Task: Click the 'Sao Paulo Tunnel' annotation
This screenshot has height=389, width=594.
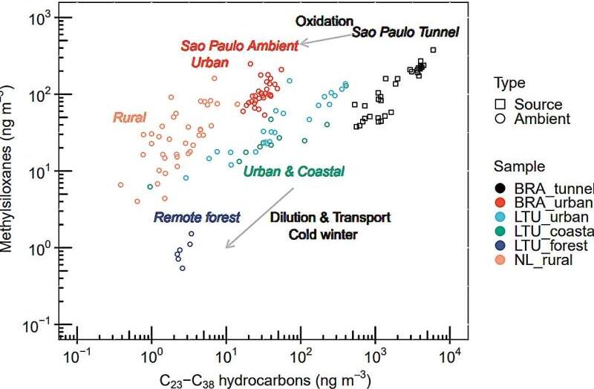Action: coord(405,32)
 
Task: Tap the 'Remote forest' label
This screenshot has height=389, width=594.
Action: coord(198,218)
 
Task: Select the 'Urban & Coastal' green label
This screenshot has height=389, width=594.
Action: coord(294,171)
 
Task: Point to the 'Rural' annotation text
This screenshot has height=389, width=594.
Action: coord(129,117)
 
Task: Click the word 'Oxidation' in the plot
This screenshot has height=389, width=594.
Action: coord(324,22)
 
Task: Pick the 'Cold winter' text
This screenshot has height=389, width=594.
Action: coord(329,235)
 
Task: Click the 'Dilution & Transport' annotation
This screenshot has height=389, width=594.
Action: coord(330,218)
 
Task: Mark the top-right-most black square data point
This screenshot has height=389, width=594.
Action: coord(434,50)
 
